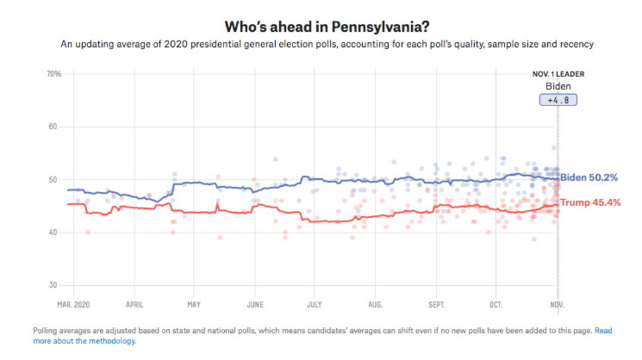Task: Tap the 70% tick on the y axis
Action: (54, 74)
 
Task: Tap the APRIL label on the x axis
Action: (135, 305)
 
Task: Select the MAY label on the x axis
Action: (194, 305)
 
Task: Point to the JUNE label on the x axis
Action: (254, 305)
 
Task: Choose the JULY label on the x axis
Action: (314, 305)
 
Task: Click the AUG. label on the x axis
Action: (375, 305)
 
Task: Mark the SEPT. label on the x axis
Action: (436, 305)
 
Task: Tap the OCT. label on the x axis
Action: (495, 305)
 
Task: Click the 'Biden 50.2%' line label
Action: (590, 178)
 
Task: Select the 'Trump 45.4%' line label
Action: (591, 202)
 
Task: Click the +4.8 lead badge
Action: (558, 100)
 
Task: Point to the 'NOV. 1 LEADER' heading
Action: (558, 74)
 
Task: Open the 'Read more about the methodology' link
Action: (84, 341)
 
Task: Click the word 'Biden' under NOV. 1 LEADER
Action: (558, 86)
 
